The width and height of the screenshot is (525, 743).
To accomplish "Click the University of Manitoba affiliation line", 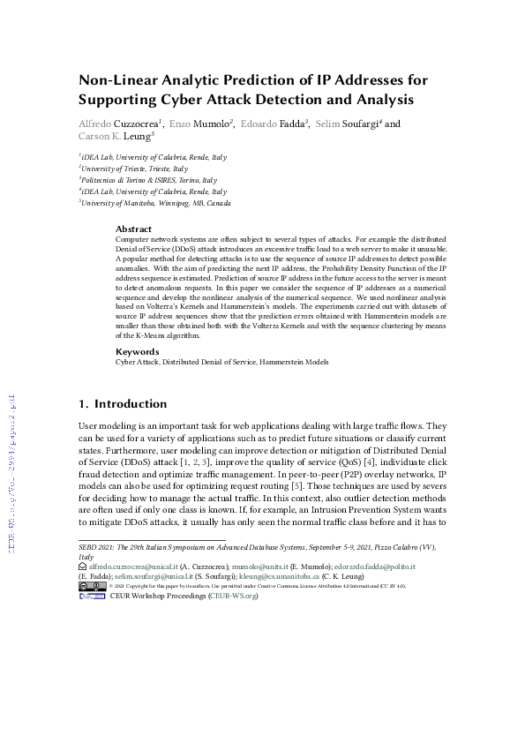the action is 156,202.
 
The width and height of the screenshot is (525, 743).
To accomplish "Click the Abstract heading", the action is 133,229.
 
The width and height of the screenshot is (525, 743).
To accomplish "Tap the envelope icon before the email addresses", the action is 83,573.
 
